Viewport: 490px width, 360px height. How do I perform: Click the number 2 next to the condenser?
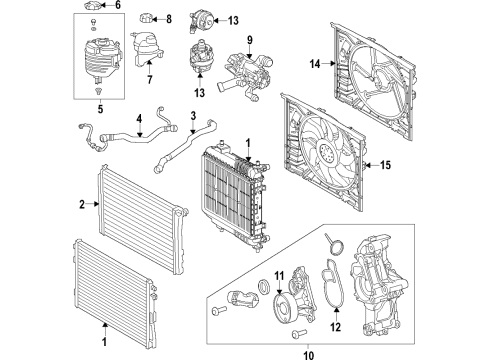83,204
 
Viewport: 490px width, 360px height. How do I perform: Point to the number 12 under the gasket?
335,326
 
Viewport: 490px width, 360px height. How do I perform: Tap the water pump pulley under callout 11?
281,305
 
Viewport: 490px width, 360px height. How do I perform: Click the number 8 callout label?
167,19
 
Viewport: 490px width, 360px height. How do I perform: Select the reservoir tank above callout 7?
140,52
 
